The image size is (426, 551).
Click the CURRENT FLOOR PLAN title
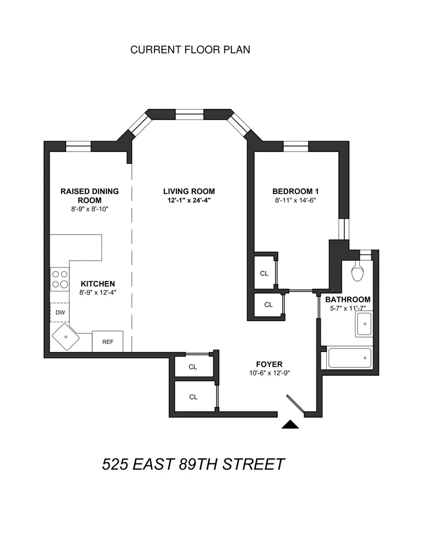pyautogui.click(x=190, y=50)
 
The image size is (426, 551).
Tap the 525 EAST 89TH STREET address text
pyautogui.click(x=193, y=464)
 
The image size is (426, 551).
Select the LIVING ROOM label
pyautogui.click(x=188, y=191)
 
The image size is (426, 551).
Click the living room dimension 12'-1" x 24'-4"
pyautogui.click(x=188, y=201)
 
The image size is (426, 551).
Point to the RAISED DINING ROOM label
pyautogui.click(x=89, y=196)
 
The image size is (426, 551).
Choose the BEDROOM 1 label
pyautogui.click(x=295, y=191)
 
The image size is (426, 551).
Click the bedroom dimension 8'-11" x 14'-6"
pyautogui.click(x=295, y=201)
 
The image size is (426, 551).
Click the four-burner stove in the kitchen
pyautogui.click(x=60, y=279)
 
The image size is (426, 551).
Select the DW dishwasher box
pyautogui.click(x=60, y=313)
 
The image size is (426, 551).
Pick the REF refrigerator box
pyautogui.click(x=107, y=342)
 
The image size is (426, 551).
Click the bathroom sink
pyautogui.click(x=364, y=325)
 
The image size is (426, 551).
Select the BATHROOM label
pyautogui.click(x=347, y=300)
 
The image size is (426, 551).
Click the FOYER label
pyautogui.click(x=269, y=364)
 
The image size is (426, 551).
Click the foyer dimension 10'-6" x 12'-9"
pyautogui.click(x=269, y=373)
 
